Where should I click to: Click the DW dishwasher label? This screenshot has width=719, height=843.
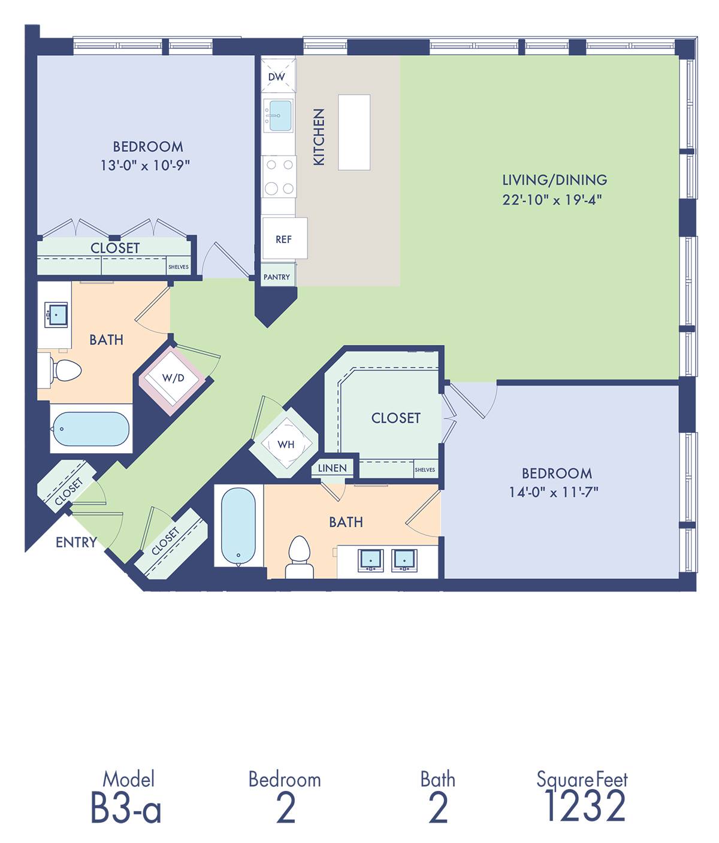click(276, 77)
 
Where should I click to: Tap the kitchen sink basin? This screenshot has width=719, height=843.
click(281, 116)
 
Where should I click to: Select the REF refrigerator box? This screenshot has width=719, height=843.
click(285, 238)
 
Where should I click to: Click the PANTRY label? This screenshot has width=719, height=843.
click(277, 277)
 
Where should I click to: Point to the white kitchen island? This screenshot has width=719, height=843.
click(354, 132)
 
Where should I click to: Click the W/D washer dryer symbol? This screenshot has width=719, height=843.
click(173, 378)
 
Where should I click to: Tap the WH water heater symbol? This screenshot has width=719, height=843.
click(286, 444)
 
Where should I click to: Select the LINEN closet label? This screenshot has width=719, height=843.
click(332, 468)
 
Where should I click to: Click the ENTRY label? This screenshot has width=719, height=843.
click(76, 542)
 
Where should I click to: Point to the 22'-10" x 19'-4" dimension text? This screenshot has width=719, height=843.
click(552, 199)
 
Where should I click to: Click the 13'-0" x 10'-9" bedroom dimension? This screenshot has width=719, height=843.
click(145, 165)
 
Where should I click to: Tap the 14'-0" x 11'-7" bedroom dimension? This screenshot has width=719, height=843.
click(553, 492)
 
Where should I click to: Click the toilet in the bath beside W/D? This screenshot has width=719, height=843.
click(65, 371)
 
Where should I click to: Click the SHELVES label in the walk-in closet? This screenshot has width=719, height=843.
click(425, 470)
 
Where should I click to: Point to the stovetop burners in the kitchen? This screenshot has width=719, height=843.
click(279, 177)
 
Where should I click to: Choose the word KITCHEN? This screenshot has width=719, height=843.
click(319, 137)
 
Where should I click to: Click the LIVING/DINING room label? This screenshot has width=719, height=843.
click(555, 180)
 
